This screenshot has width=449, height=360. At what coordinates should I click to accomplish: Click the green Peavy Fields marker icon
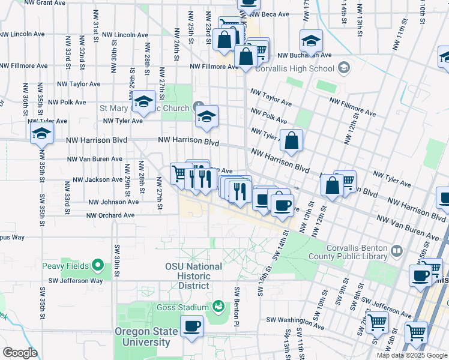click(98, 265)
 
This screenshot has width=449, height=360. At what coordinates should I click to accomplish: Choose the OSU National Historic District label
click(193, 271)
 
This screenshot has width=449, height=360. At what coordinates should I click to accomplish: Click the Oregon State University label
click(147, 337)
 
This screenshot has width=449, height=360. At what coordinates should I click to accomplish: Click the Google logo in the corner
click(20, 353)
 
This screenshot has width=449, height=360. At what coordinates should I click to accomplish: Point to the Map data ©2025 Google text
click(412, 355)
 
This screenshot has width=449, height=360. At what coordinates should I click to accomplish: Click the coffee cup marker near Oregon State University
click(191, 327)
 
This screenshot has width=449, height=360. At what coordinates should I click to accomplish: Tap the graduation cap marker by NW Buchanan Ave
click(311, 41)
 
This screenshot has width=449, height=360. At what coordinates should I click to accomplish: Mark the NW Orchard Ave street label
click(111, 215)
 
